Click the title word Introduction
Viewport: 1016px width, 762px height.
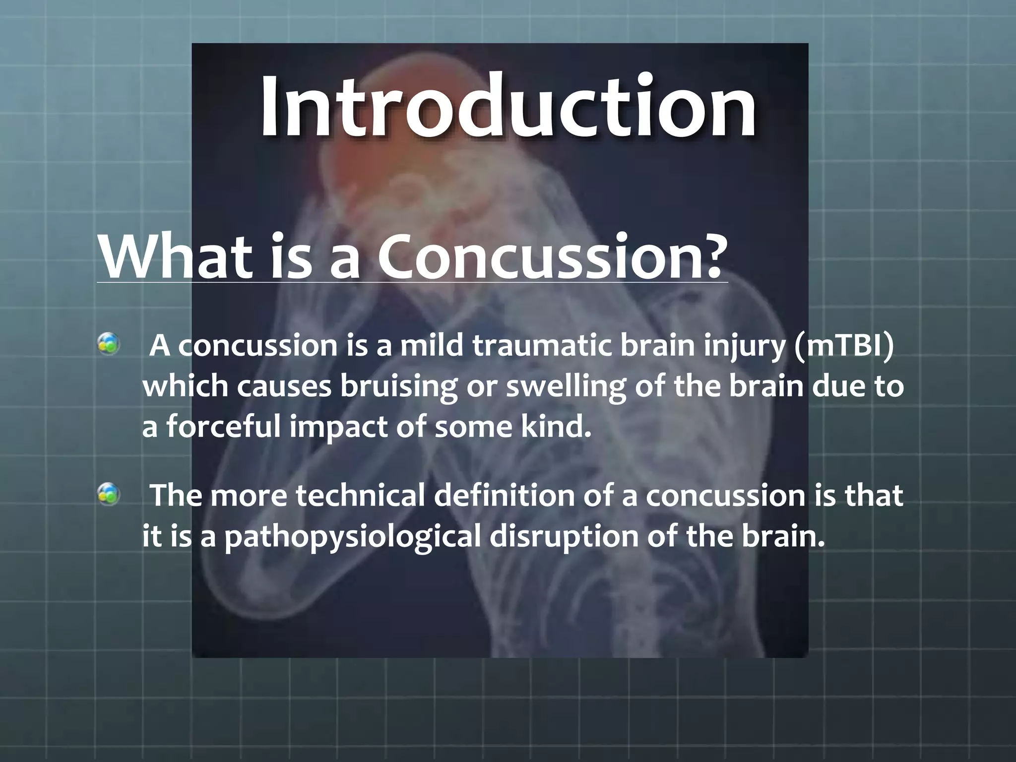click(508, 107)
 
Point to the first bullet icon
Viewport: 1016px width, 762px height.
click(108, 344)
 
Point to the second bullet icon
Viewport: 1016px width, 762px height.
click(108, 494)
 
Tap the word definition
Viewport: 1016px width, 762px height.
click(504, 496)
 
